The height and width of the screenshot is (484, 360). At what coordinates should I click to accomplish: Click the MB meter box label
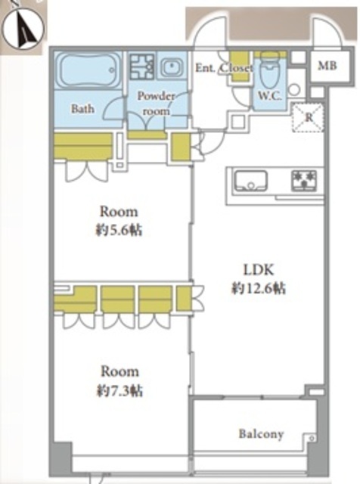coord(327,66)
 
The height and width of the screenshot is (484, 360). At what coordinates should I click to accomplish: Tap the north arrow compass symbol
coord(23,29)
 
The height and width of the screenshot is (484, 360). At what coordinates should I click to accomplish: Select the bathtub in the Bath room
coord(89,70)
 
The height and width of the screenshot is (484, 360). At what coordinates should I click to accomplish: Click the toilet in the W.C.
coord(269,70)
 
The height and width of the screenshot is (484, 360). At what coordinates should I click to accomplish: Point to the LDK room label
coord(259,270)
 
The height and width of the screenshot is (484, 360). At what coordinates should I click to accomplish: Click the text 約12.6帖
coord(259,289)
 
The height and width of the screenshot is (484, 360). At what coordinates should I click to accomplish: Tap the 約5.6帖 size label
coord(119,230)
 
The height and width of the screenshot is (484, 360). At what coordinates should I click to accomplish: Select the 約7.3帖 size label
coord(119,391)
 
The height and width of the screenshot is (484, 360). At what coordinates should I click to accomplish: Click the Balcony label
coord(261,434)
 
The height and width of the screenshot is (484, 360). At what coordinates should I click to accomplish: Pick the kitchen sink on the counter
coord(250,181)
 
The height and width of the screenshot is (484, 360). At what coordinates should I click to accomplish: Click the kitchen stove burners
coord(304,180)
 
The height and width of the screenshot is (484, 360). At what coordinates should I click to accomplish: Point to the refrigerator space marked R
coord(308,118)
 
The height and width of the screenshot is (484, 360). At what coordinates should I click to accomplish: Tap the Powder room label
coord(156,103)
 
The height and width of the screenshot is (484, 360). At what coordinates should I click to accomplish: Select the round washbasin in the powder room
coord(170,66)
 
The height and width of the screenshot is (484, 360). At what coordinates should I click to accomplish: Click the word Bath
coord(82,109)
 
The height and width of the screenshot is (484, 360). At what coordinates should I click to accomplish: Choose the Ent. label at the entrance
coord(206,67)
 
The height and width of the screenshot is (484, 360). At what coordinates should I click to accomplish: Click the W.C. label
coord(269,96)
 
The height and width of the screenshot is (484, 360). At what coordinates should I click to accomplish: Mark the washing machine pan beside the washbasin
coord(142,66)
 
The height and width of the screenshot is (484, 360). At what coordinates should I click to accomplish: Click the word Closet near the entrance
coord(237,67)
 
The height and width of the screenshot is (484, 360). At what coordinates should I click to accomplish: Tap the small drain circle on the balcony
coord(312,438)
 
